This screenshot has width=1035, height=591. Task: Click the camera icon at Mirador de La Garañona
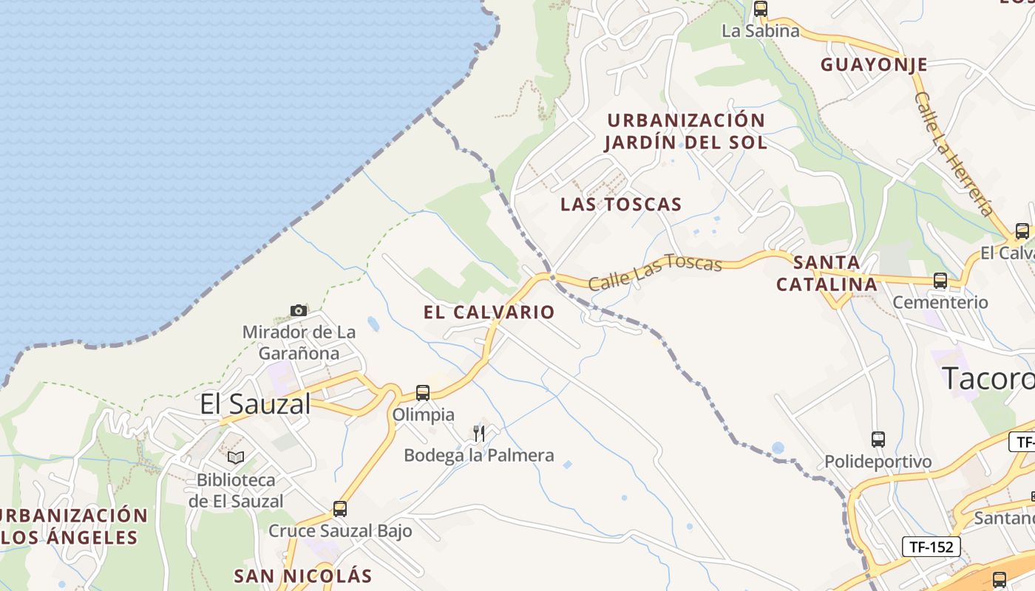click(x=299, y=310)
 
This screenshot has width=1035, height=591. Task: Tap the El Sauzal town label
click(x=256, y=404)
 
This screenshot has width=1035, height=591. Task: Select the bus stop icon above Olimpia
click(x=423, y=392)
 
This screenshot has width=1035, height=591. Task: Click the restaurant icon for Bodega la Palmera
click(x=479, y=433)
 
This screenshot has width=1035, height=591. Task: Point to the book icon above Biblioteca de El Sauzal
click(x=235, y=458)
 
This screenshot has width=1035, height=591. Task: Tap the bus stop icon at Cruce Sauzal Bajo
click(x=340, y=508)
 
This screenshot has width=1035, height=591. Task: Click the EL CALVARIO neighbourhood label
click(x=489, y=312)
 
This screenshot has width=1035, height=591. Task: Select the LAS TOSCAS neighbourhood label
click(x=621, y=205)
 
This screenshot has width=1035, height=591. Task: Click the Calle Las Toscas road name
click(x=655, y=271)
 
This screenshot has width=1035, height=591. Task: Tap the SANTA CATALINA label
click(x=827, y=273)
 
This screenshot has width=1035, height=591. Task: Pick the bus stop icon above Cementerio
click(x=940, y=281)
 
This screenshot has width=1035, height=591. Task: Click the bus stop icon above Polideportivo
click(x=878, y=440)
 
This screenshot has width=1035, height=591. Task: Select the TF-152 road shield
click(x=931, y=547)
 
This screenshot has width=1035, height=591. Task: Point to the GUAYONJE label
click(x=874, y=64)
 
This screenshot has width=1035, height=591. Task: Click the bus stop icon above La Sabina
click(x=761, y=9)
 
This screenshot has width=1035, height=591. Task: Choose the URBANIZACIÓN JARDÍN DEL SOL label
click(x=686, y=131)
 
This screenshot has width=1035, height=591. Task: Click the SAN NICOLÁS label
click(x=302, y=575)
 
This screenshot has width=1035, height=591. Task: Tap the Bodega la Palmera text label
click(x=479, y=455)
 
